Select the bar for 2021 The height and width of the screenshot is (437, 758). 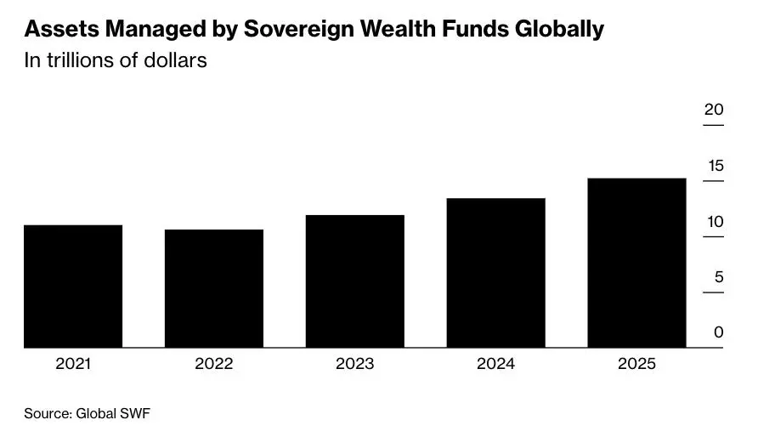(x=73, y=286)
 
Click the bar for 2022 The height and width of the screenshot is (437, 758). (x=214, y=288)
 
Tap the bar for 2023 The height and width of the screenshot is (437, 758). (x=355, y=281)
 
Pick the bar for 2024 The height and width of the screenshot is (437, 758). (x=496, y=272)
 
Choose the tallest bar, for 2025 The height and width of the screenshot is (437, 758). (x=636, y=263)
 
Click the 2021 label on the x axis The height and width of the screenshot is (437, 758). (x=73, y=364)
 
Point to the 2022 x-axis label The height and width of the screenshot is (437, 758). (x=214, y=364)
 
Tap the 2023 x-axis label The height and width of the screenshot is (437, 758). (x=355, y=364)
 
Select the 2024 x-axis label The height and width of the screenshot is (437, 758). (x=496, y=364)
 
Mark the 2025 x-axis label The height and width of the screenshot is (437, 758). (x=636, y=364)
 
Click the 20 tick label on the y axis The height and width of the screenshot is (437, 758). (x=714, y=110)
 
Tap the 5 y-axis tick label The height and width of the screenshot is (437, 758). (x=719, y=277)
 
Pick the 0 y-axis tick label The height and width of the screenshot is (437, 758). (x=719, y=332)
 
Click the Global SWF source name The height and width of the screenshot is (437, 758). (x=113, y=414)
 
